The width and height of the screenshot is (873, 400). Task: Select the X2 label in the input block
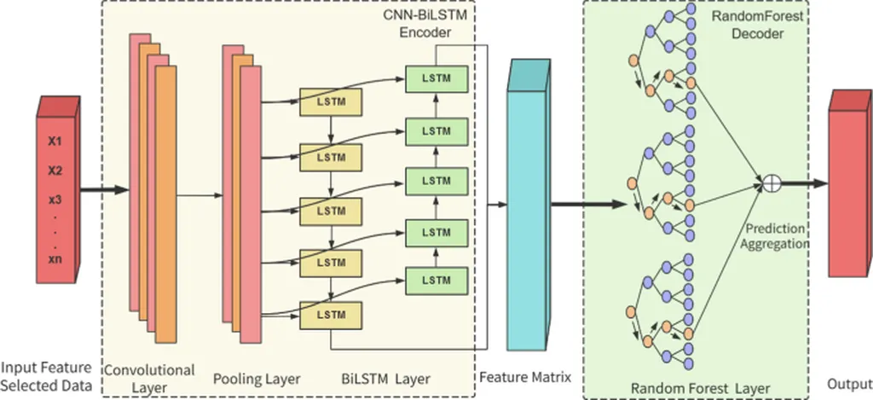[55, 171]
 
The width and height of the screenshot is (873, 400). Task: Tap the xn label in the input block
[55, 258]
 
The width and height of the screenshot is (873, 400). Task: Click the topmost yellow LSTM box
[330, 101]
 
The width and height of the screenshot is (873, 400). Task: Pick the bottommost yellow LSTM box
[330, 316]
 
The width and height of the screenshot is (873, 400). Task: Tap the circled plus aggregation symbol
[771, 182]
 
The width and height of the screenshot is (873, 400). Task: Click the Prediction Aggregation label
[776, 236]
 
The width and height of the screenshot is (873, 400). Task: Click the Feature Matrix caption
[525, 376]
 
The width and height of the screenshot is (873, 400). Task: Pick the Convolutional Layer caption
[149, 379]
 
